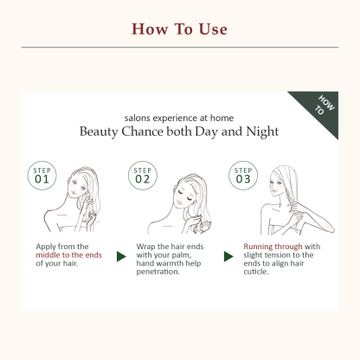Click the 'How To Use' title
[179, 29]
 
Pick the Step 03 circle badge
[243, 175]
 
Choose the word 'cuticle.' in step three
[258, 274]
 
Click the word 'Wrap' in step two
[151, 246]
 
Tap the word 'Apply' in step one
[48, 246]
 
